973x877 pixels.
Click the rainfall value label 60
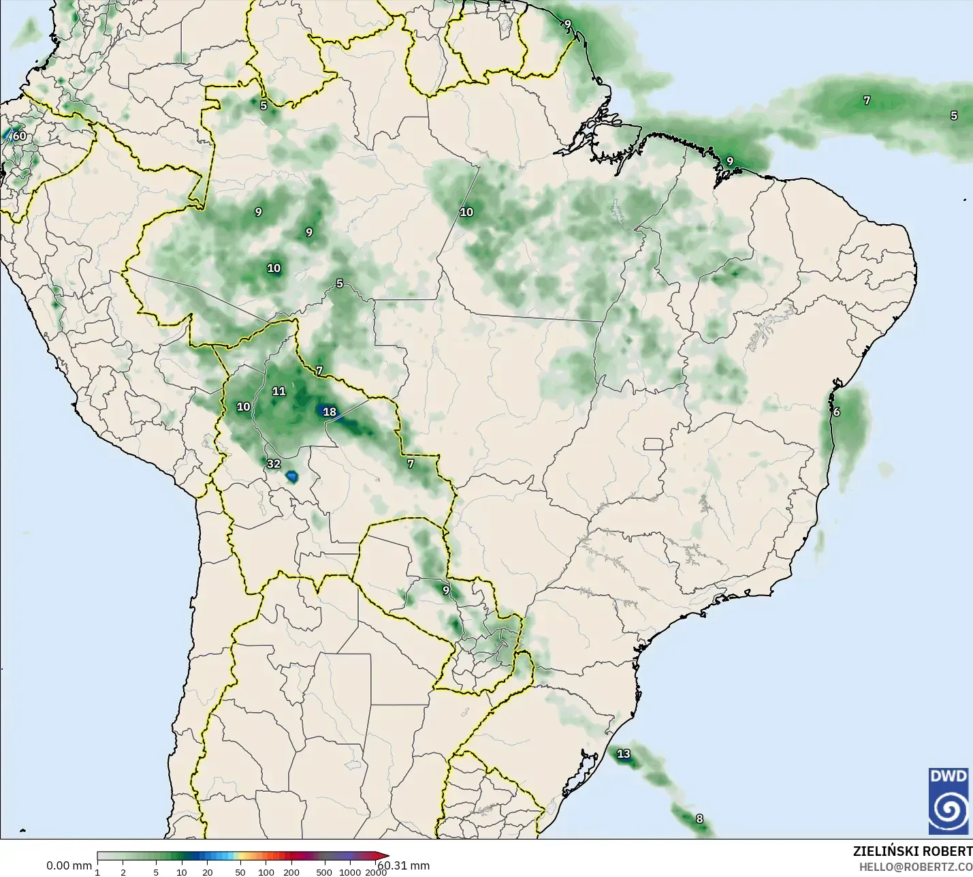[20, 136]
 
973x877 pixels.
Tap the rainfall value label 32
[273, 464]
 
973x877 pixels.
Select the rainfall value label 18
[330, 412]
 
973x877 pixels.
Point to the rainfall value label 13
[624, 754]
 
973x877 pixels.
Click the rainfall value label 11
[278, 391]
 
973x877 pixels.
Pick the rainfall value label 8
[699, 819]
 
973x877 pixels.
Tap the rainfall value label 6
[836, 412]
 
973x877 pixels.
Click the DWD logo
[948, 801]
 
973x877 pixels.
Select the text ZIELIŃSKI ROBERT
[912, 851]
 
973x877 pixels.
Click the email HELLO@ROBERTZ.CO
[915, 867]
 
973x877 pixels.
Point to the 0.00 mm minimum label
[69, 865]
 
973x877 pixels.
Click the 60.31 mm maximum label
[404, 865]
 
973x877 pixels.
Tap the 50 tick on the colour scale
[240, 872]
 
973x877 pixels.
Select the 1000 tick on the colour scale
[350, 872]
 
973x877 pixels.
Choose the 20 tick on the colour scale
[207, 872]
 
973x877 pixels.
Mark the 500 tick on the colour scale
[324, 872]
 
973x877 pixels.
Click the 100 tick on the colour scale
[266, 872]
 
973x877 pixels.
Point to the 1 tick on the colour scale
[97, 872]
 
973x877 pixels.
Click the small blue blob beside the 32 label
[293, 475]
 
